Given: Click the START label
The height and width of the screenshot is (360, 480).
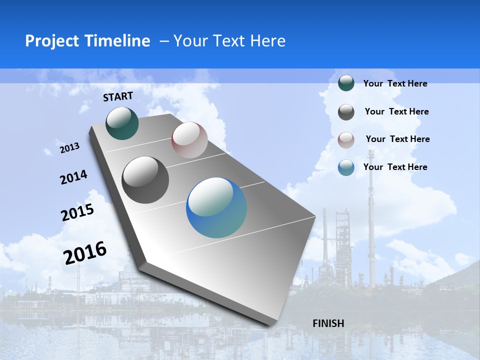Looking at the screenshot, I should [118, 96].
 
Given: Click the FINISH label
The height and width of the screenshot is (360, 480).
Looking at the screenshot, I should [328, 323].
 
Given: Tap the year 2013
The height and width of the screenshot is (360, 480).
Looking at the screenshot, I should [70, 148].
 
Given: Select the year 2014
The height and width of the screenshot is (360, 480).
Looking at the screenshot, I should [74, 177].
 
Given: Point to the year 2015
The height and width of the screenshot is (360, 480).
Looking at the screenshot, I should [77, 212].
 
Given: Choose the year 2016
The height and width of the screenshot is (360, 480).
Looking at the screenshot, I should [85, 253].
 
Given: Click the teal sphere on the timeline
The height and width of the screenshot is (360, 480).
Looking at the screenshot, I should [122, 123].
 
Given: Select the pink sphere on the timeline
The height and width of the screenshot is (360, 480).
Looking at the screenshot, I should [189, 140].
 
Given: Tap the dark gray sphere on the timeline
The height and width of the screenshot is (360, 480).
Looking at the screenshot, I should [145, 180].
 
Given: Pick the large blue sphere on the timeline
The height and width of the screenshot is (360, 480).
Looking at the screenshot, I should [216, 207].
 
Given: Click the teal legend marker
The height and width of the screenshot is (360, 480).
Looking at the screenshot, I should [346, 83].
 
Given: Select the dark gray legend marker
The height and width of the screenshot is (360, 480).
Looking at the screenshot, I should [346, 112].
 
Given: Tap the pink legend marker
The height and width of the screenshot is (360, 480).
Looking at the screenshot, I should [346, 140].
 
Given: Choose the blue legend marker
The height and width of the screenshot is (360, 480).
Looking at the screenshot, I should [346, 167].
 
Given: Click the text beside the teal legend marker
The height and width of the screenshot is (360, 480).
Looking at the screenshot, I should [395, 83].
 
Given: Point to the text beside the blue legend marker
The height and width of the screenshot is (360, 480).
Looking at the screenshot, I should [395, 167].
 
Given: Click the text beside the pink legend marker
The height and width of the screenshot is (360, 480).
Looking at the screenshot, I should [397, 139].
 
